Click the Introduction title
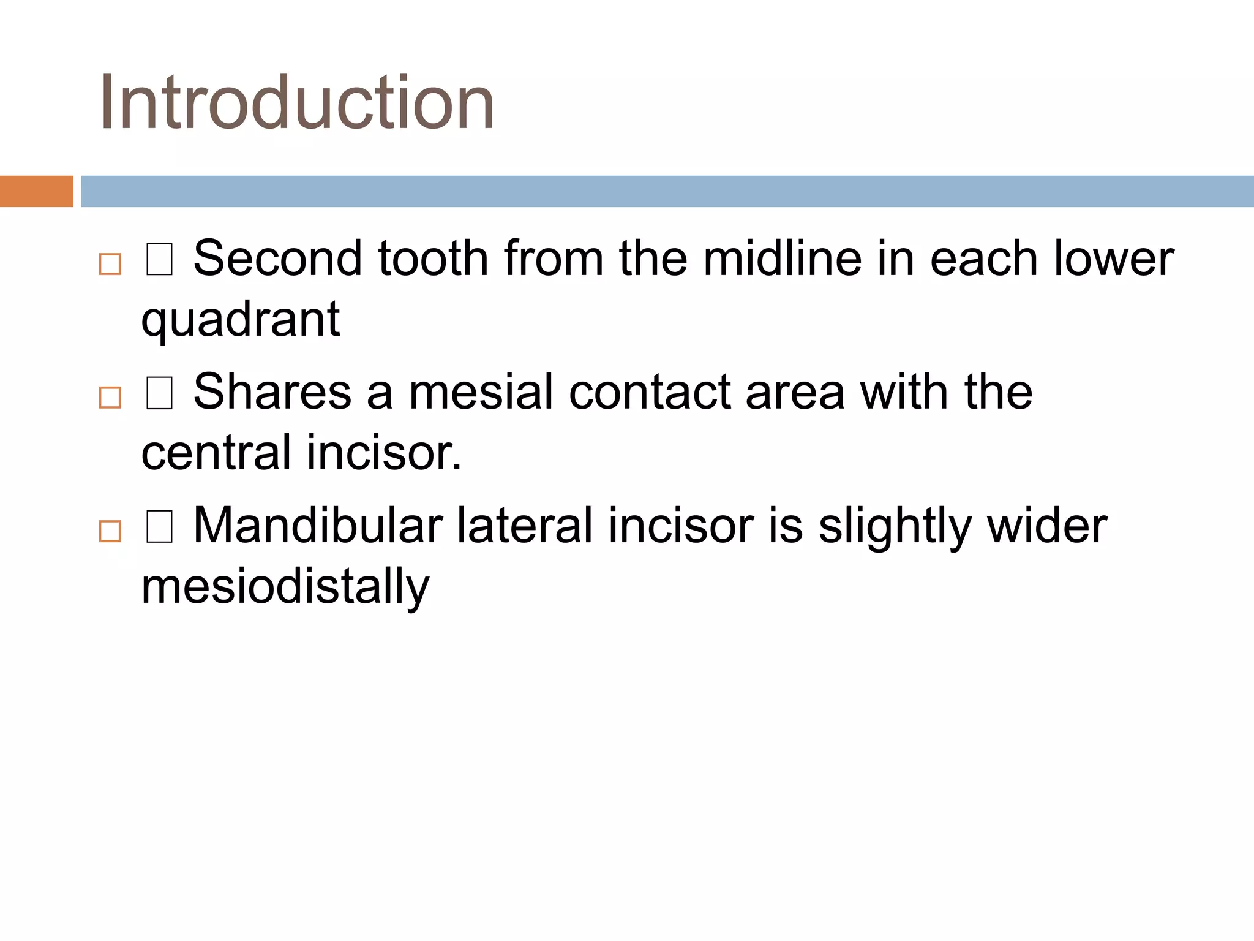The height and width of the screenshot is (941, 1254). pyautogui.click(x=297, y=102)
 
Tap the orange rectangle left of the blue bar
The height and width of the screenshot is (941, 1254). pyautogui.click(x=36, y=191)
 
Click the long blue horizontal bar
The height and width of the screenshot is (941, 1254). pyautogui.click(x=666, y=191)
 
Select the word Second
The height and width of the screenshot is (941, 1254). pyautogui.click(x=278, y=259)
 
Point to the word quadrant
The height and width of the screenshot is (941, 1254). pyautogui.click(x=240, y=320)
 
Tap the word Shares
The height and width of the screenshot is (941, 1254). pyautogui.click(x=272, y=392)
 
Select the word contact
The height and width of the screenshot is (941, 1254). pyautogui.click(x=649, y=392)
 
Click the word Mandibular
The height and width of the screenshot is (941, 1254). pyautogui.click(x=317, y=526)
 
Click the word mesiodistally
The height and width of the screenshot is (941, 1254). pyautogui.click(x=285, y=587)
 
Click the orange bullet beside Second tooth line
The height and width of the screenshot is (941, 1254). pyautogui.click(x=110, y=264)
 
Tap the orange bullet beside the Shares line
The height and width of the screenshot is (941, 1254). pyautogui.click(x=110, y=398)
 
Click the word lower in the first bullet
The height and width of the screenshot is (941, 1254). pyautogui.click(x=1113, y=259)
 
